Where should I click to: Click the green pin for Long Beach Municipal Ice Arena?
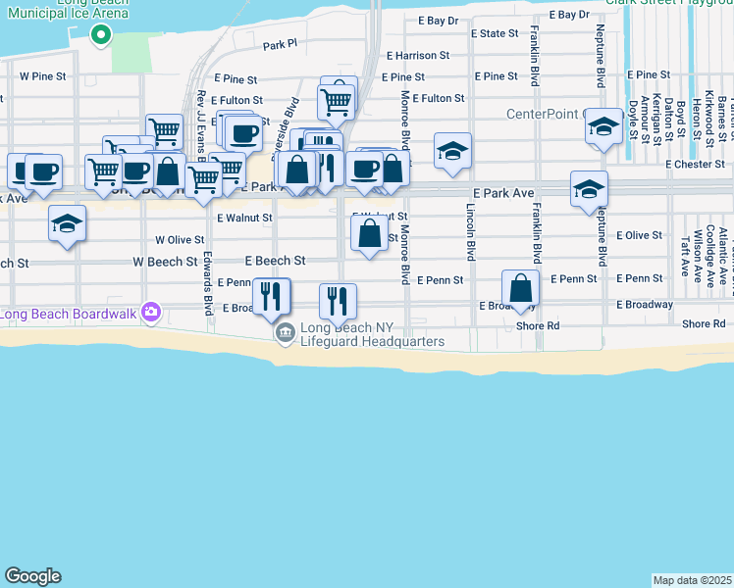[99, 36]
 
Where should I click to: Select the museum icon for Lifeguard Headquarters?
[285, 334]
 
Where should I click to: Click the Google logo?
[32, 576]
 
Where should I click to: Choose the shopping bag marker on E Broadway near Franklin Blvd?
[520, 288]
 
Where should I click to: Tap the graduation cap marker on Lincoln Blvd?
[452, 152]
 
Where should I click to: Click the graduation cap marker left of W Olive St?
[67, 224]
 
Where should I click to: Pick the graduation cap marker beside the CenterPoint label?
[603, 128]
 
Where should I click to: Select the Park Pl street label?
[280, 45]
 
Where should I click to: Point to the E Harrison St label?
[417, 56]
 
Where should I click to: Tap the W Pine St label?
[43, 75]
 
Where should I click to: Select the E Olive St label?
[639, 235]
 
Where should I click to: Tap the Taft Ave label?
[683, 254]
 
